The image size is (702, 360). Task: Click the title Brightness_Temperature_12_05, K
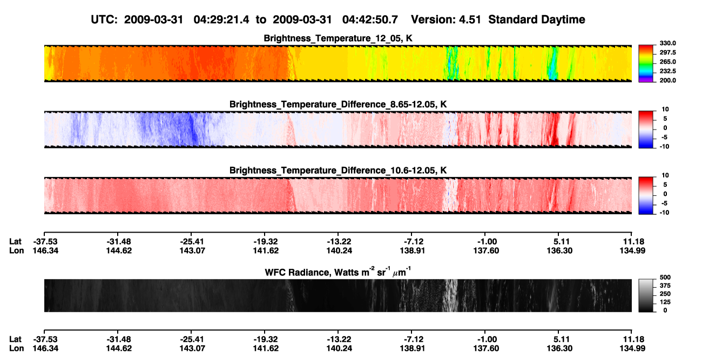click(338, 38)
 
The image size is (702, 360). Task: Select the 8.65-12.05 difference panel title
click(338, 104)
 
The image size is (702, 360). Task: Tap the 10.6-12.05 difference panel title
click(338, 171)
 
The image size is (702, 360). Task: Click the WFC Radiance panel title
click(338, 271)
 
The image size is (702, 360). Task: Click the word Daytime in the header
click(561, 20)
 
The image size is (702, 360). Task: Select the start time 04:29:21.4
click(221, 19)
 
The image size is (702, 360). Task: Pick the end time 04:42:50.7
click(370, 19)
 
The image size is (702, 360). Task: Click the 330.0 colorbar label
click(667, 43)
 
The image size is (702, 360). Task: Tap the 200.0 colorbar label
click(667, 80)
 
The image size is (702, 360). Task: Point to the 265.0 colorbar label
click(667, 62)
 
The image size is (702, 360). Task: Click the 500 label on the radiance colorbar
click(665, 277)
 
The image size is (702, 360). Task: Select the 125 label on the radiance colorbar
click(665, 302)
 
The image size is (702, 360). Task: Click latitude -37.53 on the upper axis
click(45, 242)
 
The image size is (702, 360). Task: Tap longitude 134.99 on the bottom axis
click(632, 349)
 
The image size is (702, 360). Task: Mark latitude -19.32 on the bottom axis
click(266, 339)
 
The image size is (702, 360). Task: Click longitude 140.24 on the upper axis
click(339, 250)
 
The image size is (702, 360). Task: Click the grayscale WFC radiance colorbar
click(646, 295)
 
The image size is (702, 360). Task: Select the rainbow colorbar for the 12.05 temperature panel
click(646, 64)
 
